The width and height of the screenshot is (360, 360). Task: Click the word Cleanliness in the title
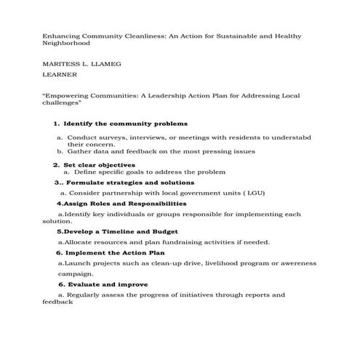pyautogui.click(x=129, y=36)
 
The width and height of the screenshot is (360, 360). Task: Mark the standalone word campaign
pyautogui.click(x=75, y=273)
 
